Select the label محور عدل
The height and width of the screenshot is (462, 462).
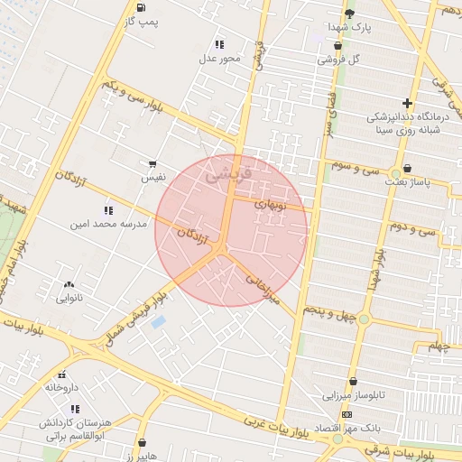pyautogui.click(x=220, y=59)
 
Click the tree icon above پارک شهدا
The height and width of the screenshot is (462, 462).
pyautogui.click(x=349, y=13)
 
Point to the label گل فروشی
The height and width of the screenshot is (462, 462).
pyautogui.click(x=338, y=60)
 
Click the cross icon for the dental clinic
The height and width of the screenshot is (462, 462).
pyautogui.click(x=407, y=103)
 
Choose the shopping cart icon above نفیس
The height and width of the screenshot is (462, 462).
pyautogui.click(x=152, y=164)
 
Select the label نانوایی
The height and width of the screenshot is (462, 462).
pyautogui.click(x=69, y=298)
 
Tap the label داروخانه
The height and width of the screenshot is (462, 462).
pyautogui.click(x=62, y=387)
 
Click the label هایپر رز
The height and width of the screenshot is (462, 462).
pyautogui.click(x=143, y=457)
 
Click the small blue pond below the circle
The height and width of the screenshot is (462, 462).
pyautogui.click(x=159, y=321)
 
